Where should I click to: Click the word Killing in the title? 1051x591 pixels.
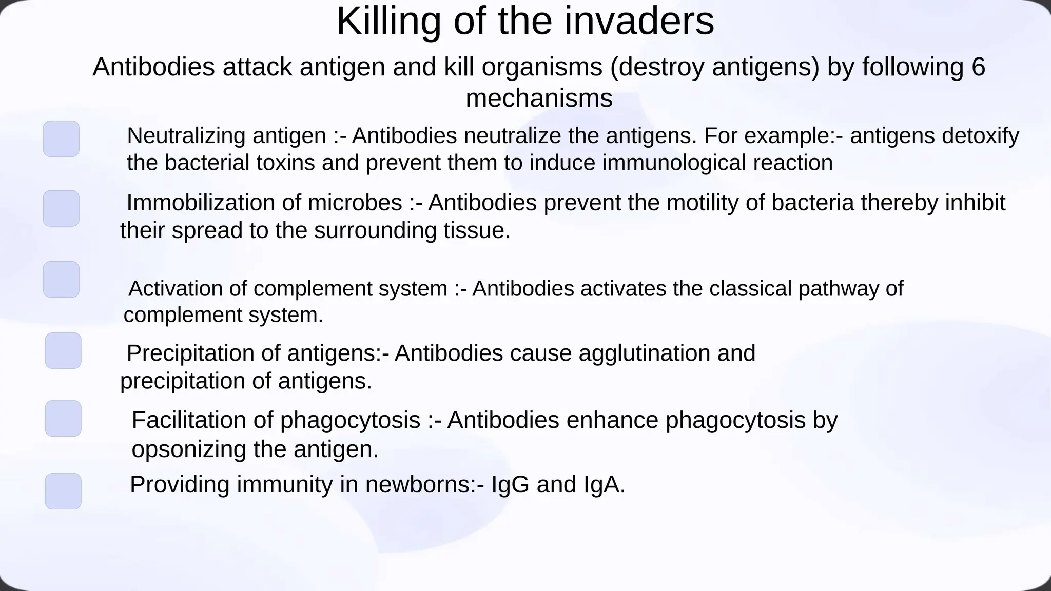coord(388,22)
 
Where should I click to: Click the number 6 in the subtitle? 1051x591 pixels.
coord(978,67)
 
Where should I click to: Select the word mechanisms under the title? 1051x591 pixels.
coord(539,98)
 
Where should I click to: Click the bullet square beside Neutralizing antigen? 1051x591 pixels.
coord(61,139)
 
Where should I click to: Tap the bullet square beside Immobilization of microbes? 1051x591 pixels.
coord(61,208)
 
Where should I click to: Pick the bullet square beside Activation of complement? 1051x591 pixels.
coord(61,280)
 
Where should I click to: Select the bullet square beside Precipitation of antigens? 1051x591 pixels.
coord(63,351)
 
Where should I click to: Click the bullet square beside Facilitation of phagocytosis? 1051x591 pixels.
coord(63,419)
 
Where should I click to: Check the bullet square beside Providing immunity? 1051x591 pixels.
coord(63,491)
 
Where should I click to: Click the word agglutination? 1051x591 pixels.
coord(644,353)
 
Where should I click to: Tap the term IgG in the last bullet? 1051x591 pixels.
coord(510,485)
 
